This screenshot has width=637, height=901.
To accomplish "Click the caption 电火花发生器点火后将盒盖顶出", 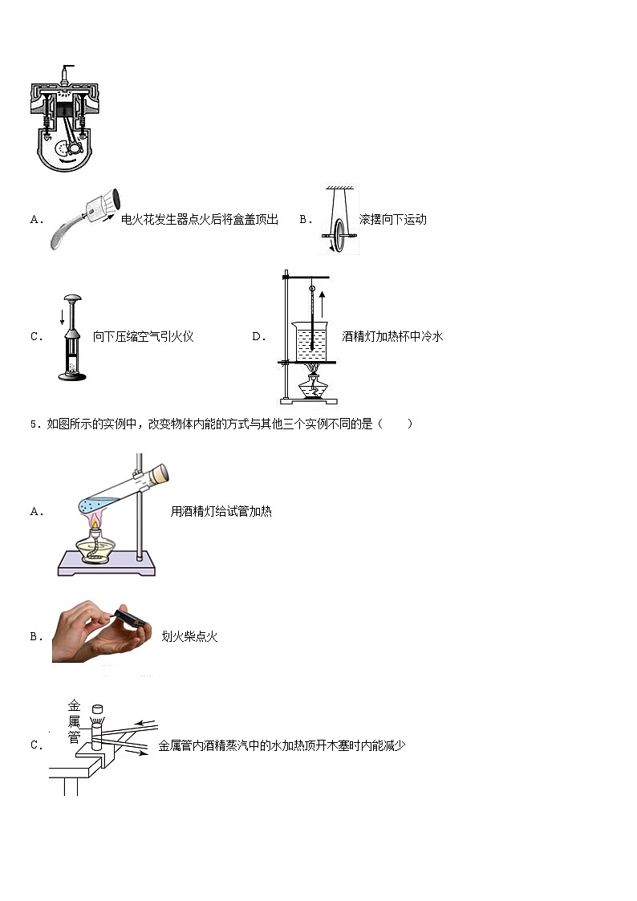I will [x=199, y=219].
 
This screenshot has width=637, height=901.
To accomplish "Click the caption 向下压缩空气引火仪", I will [x=144, y=336].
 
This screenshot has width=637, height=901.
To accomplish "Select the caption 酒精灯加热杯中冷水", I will [x=392, y=336].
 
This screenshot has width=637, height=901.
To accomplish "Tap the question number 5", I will [x=34, y=424].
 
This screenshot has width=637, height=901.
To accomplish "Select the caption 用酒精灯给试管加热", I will [x=221, y=511].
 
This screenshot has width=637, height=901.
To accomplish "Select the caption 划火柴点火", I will [x=189, y=636].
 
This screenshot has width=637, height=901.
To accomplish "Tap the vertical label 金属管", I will [x=74, y=720].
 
